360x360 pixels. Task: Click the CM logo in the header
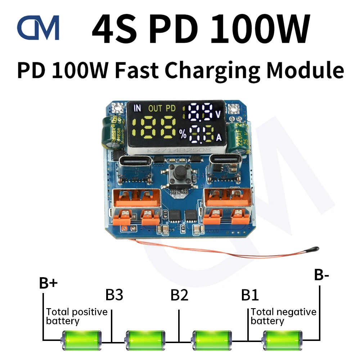(38, 28)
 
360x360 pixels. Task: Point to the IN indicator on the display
(138, 108)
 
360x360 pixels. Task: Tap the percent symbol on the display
(183, 135)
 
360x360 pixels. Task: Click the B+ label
(48, 283)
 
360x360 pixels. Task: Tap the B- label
(321, 275)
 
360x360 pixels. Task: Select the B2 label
(179, 295)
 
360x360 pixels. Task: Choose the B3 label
(114, 295)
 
